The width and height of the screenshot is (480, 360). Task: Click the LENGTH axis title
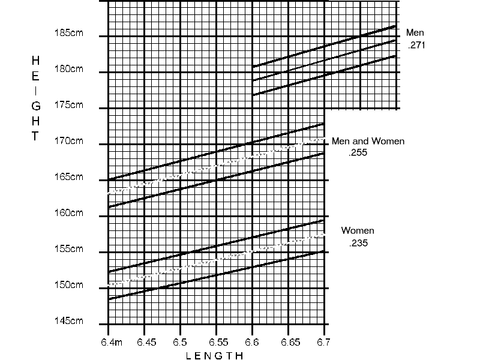click(x=215, y=356)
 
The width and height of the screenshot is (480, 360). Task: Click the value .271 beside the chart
click(x=416, y=45)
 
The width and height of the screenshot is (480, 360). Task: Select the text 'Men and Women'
click(x=368, y=142)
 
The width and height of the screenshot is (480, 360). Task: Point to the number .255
click(x=358, y=153)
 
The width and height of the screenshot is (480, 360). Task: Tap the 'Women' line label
click(x=358, y=231)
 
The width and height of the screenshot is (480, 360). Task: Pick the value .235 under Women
click(x=358, y=243)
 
